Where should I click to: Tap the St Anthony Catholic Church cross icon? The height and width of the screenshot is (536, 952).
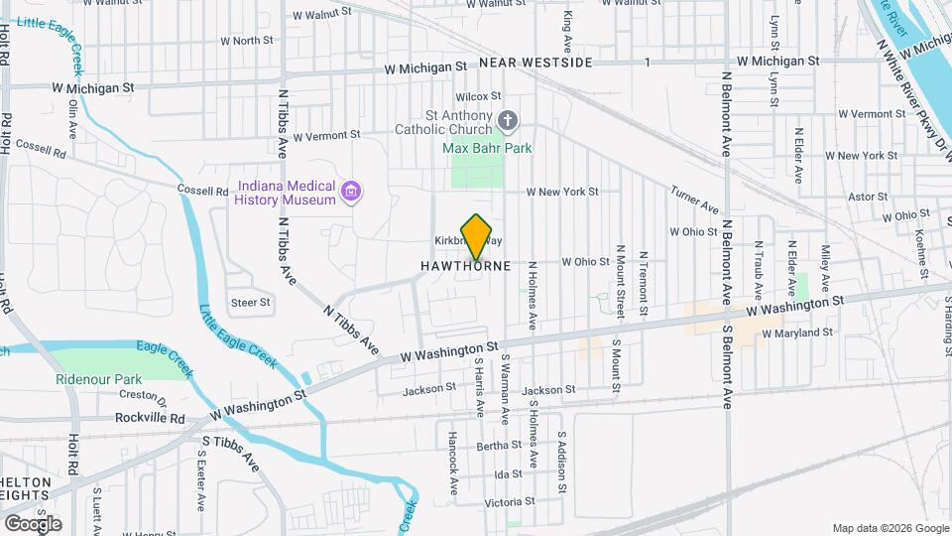(508, 121)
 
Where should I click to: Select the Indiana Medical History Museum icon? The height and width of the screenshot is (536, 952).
(350, 192)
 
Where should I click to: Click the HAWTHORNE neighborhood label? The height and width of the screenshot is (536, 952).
(465, 266)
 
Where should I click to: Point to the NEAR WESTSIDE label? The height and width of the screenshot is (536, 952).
(535, 63)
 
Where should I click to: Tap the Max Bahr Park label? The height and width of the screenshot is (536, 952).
(487, 149)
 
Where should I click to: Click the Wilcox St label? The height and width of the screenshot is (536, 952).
(474, 96)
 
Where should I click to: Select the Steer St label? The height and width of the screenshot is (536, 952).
(250, 302)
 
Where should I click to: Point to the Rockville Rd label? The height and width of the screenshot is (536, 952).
(150, 419)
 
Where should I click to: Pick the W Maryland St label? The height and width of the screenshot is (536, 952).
(793, 333)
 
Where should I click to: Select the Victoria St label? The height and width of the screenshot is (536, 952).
(509, 501)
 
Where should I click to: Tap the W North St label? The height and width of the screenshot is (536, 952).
(246, 41)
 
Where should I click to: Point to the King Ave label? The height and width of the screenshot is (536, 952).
(567, 33)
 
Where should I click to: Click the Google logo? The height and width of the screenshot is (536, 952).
(33, 523)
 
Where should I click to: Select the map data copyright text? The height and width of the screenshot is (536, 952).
(890, 528)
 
